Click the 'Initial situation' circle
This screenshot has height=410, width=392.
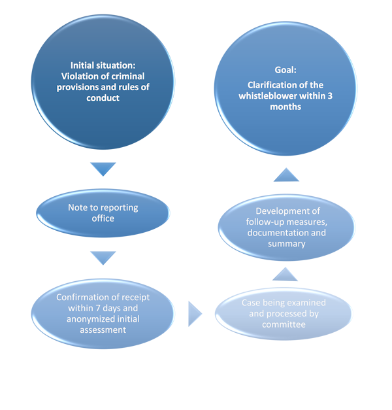coord(103,82)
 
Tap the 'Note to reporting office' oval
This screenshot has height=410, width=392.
coord(103,213)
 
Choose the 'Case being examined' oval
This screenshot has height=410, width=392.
coord(284,314)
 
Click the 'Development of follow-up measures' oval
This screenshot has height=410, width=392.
coord(287,227)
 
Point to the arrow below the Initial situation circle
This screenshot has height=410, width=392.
coord(103,169)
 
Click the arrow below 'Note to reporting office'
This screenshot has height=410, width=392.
coord(103,258)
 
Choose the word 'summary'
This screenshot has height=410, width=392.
coord(286,243)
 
